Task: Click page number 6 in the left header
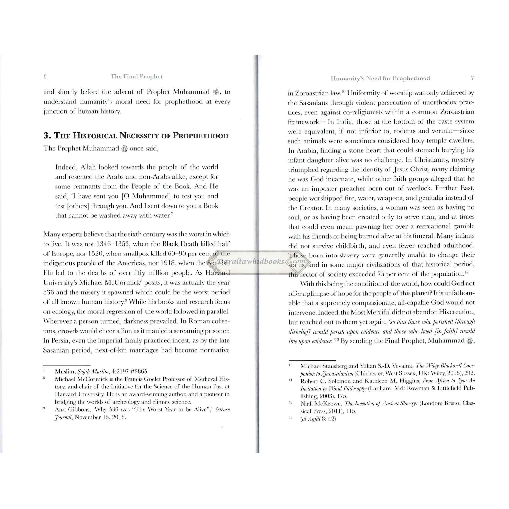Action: [45, 76]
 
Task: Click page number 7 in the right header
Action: [473, 78]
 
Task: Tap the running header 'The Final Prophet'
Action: [136, 76]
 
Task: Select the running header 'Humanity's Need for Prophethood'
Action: [381, 78]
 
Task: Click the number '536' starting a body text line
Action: [49, 292]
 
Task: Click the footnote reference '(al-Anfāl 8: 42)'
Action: [318, 419]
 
